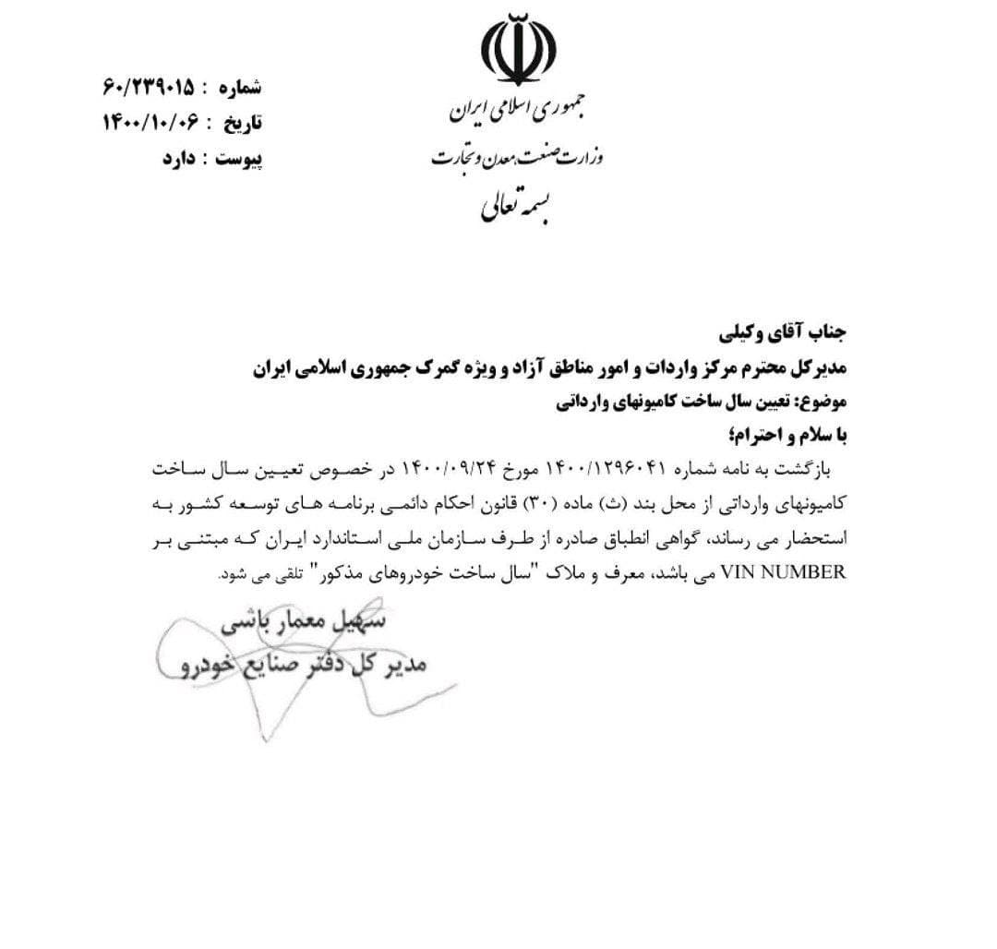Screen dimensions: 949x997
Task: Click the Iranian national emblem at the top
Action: (519, 51)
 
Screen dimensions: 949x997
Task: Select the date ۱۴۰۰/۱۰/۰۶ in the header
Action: (152, 123)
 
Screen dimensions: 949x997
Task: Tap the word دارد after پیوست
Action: (182, 158)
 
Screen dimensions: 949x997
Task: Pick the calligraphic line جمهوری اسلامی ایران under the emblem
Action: (522, 110)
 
